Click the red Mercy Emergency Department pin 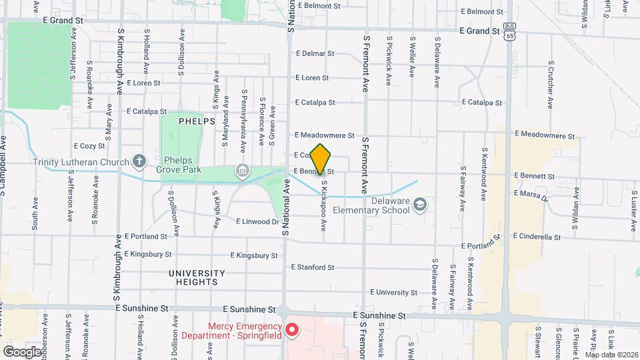[291, 329]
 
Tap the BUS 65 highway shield [509, 31]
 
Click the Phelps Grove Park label [183, 165]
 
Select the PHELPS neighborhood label [197, 121]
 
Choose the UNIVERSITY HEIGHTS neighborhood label [197, 277]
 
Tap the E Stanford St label [312, 267]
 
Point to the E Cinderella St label [537, 237]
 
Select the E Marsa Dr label [531, 195]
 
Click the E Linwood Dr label [257, 221]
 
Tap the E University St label [393, 293]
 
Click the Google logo [22, 351]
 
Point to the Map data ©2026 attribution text [612, 355]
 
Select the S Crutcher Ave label [551, 85]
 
